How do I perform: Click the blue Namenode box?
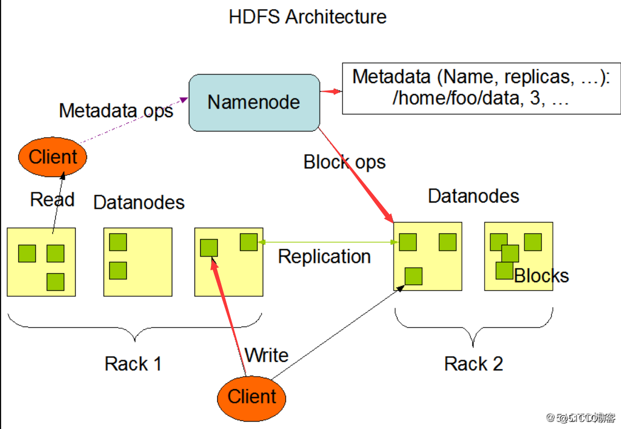coord(254,102)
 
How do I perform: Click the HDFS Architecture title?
coord(308,16)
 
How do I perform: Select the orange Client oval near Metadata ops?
coord(52,156)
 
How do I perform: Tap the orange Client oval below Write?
coord(251,397)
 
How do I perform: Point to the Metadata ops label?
coord(116,110)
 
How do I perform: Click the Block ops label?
coord(345,162)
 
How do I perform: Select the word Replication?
coord(324,257)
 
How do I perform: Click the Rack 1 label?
coord(133,364)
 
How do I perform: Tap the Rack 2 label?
coord(473,364)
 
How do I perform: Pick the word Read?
coord(52,199)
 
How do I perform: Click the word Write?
coord(266,356)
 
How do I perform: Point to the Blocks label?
coord(541,276)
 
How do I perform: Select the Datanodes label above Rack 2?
coord(473,196)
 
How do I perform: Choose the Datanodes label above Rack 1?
coord(139,202)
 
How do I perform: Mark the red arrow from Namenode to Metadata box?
coord(330,91)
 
